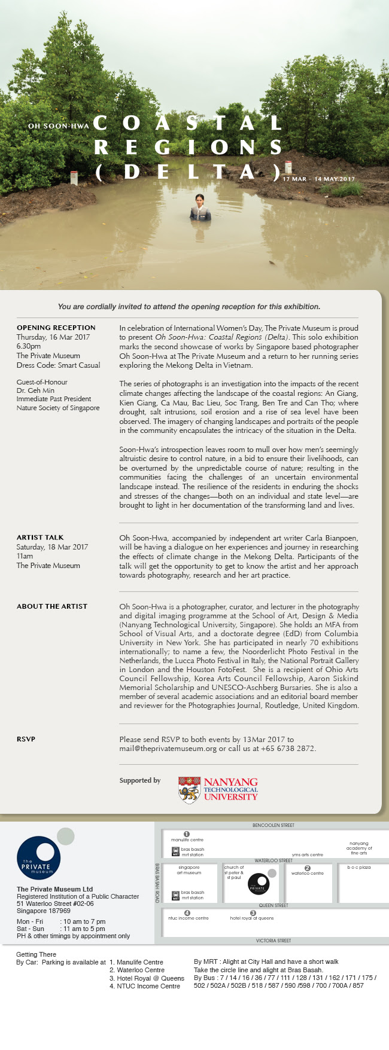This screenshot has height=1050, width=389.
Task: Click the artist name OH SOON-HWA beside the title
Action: pos(59,126)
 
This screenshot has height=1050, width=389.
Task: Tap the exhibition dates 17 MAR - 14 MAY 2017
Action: pos(319,179)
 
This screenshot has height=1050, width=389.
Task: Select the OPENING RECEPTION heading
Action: pos(56,328)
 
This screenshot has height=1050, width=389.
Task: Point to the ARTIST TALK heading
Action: pos(40,538)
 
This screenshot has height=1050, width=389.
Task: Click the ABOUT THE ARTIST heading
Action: pos(52,606)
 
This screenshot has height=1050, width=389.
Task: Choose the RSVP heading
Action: pos(26,739)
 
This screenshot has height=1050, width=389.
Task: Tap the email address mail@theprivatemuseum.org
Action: pos(168,749)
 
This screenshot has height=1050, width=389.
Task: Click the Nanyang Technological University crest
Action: pos(189,790)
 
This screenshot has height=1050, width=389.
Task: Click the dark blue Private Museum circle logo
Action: pos(38,858)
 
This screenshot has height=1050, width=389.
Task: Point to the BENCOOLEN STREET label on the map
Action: pos(273,825)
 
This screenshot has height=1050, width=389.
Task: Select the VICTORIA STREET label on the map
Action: pos(273,941)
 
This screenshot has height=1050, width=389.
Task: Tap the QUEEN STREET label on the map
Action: pos(273,905)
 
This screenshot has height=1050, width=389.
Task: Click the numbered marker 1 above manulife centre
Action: pos(187,834)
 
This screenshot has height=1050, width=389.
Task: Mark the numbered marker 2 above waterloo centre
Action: pos(308,868)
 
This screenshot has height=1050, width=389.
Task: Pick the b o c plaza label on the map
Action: pos(359,868)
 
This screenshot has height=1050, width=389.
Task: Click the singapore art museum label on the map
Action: pos(189,870)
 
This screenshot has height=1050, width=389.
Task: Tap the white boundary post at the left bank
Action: pos(74,178)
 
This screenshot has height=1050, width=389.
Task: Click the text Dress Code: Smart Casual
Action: pos(58,365)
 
